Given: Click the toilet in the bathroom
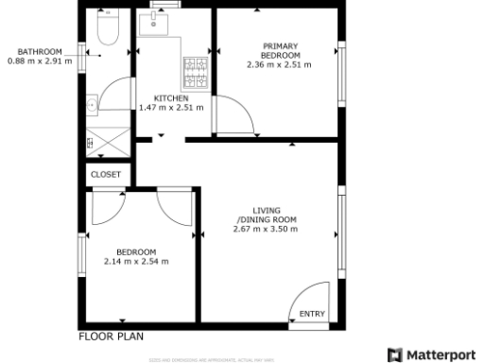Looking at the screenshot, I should coord(106,34).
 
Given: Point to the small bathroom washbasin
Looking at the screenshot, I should coord(91,104).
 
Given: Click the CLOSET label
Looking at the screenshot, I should coord(106,175).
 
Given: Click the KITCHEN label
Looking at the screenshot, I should coord(171,98).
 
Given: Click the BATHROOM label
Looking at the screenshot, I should coord(40,51).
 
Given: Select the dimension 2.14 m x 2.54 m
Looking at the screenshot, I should coord(136,261).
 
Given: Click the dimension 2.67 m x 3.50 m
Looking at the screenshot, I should coord(266,229).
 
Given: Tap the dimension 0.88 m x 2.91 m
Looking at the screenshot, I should coord(40,61).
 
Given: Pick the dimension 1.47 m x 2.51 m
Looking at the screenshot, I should coord(171,108).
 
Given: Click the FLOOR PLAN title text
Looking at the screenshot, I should coord(110,336).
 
